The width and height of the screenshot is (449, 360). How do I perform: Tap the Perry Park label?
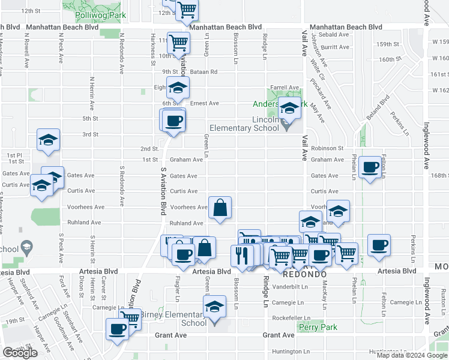coord(318,328)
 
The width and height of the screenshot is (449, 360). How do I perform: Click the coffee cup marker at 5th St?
coord(174,121)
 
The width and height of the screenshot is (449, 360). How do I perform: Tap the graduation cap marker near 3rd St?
coord(48,140)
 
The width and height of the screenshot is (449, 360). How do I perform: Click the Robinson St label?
coord(327,148)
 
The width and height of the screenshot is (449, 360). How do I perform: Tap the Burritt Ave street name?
coord(335,47)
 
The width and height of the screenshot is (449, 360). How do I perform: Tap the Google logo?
coord(20,353)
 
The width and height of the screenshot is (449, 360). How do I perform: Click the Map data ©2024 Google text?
coord(411,355)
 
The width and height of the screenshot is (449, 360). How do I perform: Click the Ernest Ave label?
coord(205,103)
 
